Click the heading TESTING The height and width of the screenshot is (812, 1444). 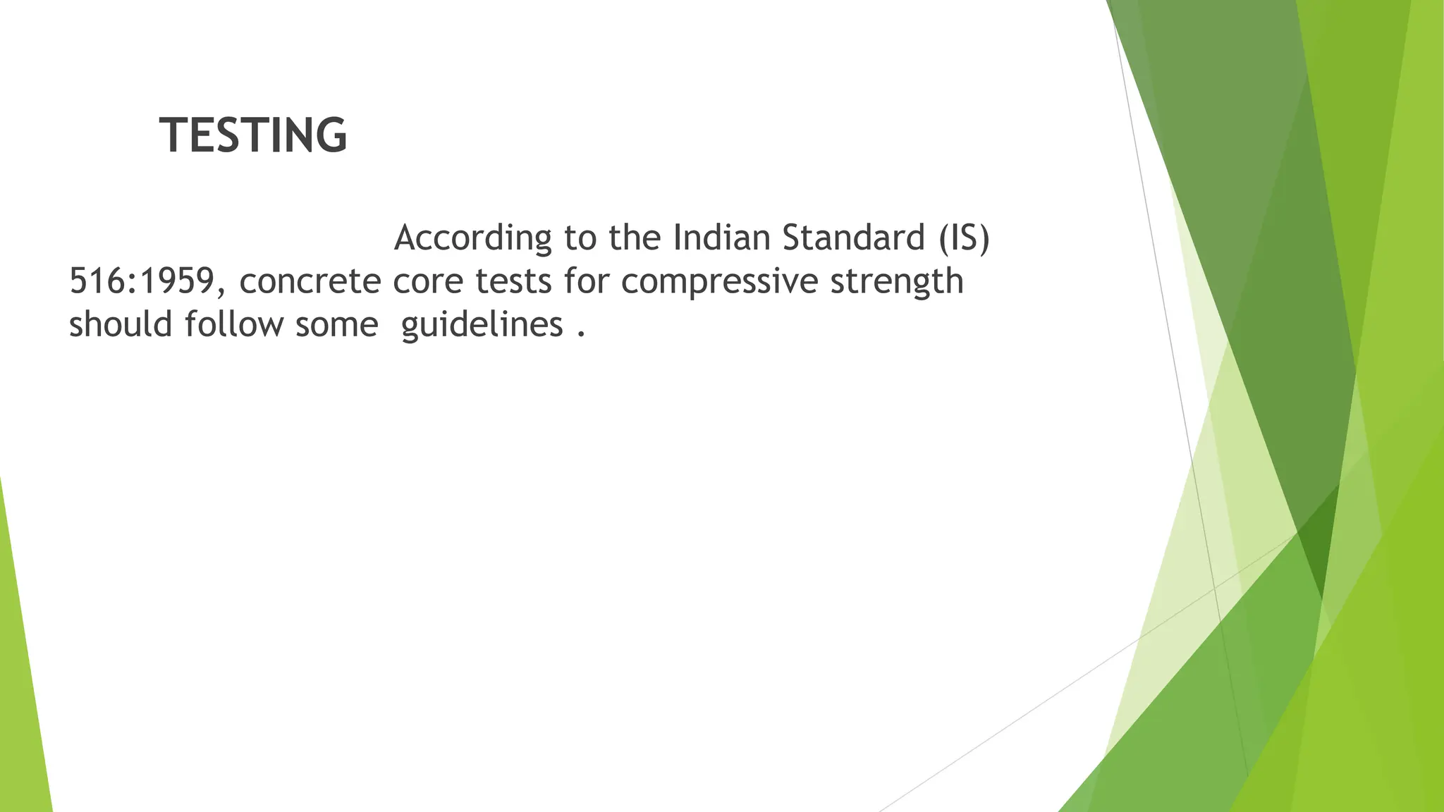253,135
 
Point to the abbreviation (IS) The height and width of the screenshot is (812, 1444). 964,238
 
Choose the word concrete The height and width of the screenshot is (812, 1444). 310,281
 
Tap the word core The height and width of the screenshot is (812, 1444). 427,282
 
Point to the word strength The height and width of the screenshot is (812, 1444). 896,281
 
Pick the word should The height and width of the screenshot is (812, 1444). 121,325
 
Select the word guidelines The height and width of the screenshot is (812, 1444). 482,326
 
